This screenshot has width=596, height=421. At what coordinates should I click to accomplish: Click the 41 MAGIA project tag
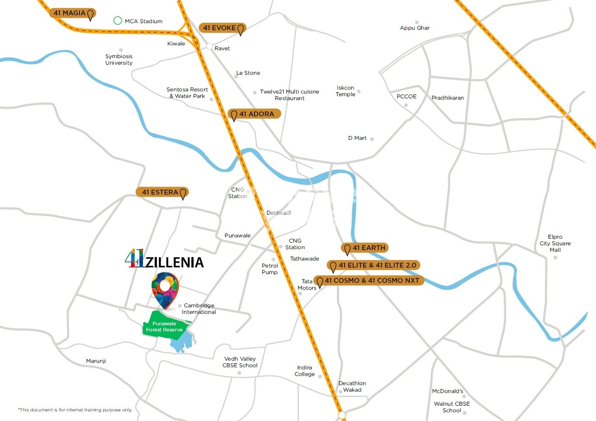[x=72, y=13]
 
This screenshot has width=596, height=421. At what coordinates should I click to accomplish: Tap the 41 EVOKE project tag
[x=222, y=28]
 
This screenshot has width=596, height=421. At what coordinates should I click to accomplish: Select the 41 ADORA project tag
[x=254, y=114]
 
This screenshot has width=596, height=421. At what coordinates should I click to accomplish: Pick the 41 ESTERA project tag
[x=162, y=192]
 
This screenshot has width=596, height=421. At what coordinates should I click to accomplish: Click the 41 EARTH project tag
[x=365, y=248]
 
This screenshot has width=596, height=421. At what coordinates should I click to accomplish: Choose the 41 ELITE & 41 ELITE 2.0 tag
[x=374, y=265]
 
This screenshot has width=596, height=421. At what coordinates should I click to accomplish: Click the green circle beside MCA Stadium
[x=118, y=21]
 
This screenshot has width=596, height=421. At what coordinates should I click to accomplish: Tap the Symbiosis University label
[x=119, y=59]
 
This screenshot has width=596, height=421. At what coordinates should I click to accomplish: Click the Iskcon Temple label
[x=345, y=91]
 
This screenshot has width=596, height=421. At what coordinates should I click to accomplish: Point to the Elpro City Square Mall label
[x=555, y=244]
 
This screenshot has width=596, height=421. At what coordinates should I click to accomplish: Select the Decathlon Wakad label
[x=352, y=386]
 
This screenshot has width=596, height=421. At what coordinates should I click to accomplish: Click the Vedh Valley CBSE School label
[x=240, y=362]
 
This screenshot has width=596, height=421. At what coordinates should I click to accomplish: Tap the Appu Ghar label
[x=414, y=28]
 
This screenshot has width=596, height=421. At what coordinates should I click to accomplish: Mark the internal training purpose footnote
[x=75, y=410]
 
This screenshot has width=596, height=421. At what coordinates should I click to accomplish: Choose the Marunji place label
[x=96, y=361]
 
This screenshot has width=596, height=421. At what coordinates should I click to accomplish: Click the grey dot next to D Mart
[x=372, y=139]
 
